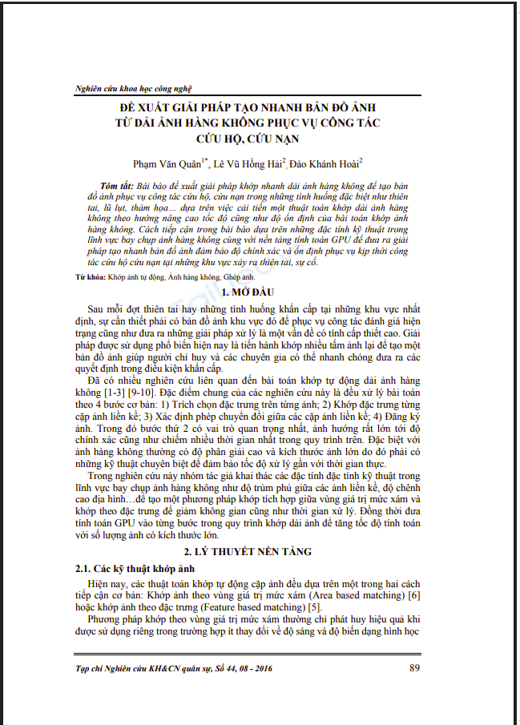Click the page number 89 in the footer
pyautogui.click(x=415, y=667)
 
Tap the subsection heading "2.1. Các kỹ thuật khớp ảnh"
pyautogui.click(x=120, y=568)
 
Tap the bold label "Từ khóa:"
pyautogui.click(x=82, y=276)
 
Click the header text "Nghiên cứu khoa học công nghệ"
pyautogui.click(x=132, y=88)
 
